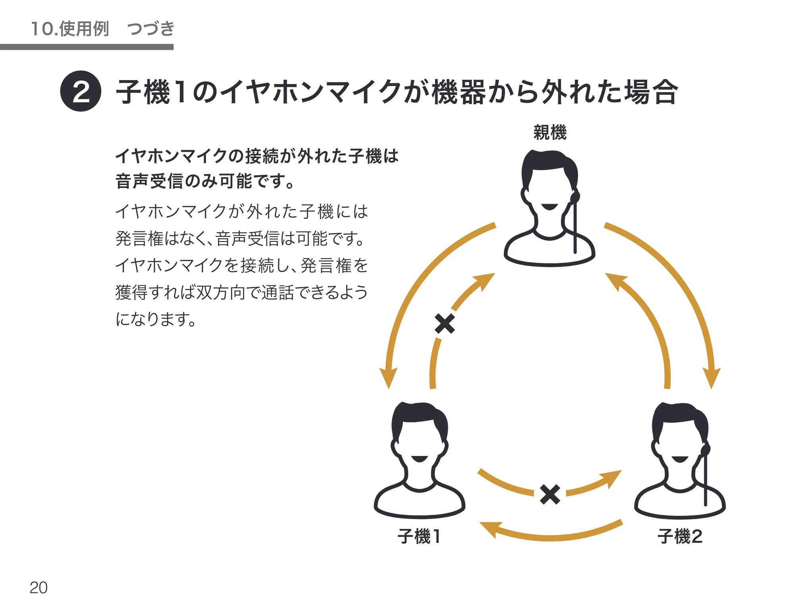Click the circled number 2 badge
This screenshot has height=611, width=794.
(x=81, y=91)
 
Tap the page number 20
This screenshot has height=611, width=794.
(x=39, y=588)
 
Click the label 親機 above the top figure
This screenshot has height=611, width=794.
(x=550, y=132)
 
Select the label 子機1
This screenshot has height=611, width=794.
(x=419, y=536)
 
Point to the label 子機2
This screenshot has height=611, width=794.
(x=680, y=536)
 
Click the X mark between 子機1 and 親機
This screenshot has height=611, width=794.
(x=445, y=324)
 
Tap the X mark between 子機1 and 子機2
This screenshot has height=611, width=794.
(x=550, y=494)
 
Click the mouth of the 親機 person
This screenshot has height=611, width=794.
(x=550, y=207)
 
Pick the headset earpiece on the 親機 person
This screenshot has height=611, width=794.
(x=575, y=196)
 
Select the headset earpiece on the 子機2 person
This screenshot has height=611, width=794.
(x=705, y=450)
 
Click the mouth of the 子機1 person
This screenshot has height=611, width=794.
(x=420, y=459)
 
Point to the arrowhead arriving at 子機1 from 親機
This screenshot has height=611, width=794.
(x=388, y=378)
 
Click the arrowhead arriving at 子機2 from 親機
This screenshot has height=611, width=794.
(x=711, y=378)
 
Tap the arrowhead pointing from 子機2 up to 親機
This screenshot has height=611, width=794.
(x=615, y=281)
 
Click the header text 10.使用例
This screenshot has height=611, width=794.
(x=70, y=29)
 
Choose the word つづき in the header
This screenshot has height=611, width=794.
(x=151, y=29)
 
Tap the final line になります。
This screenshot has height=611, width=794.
(x=156, y=319)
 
